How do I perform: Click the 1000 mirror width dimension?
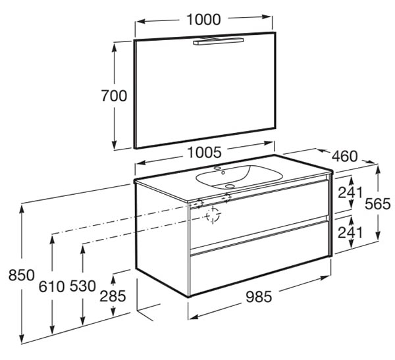tap(204, 20)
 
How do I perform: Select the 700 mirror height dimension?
tap(114, 95)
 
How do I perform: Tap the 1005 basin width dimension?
tap(205, 153)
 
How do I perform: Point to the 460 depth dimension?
tap(344, 156)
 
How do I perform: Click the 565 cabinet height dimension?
tap(378, 203)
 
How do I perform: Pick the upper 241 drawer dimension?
tap(350, 192)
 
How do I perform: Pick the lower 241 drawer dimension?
tap(350, 232)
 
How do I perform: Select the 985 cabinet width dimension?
tap(259, 297)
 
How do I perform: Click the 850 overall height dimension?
tap(22, 275)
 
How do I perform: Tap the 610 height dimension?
tap(51, 286)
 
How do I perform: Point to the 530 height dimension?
tap(83, 286)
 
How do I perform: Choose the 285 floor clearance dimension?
tap(113, 296)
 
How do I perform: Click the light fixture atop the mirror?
tap(219, 41)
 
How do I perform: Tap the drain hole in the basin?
tap(230, 186)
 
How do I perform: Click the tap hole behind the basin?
tap(217, 168)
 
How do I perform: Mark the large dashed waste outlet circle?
tap(213, 215)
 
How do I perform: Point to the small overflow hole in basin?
tap(223, 173)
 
